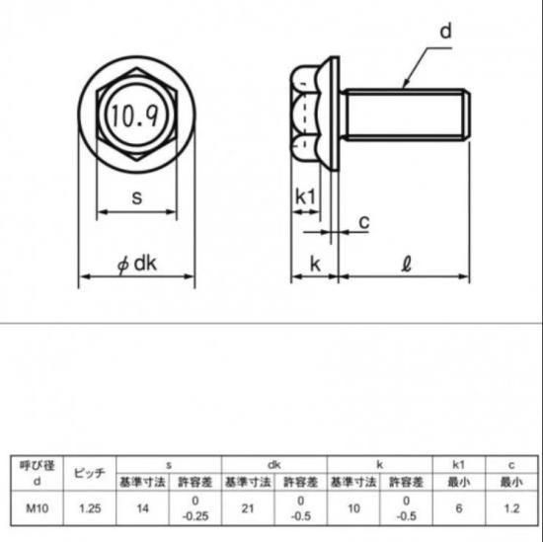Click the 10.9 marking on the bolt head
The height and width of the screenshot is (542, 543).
[135, 116]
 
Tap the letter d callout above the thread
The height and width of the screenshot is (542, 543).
[445, 31]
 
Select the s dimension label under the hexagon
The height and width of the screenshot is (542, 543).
[137, 198]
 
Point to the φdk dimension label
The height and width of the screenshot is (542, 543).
[137, 264]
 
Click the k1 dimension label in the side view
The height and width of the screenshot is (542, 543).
[305, 196]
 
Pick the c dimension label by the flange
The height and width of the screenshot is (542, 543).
[364, 222]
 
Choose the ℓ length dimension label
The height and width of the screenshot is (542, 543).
[406, 265]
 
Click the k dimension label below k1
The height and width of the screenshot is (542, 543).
[315, 265]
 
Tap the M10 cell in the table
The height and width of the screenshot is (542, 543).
[38, 508]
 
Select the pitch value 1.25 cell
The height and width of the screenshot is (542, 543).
[90, 508]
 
